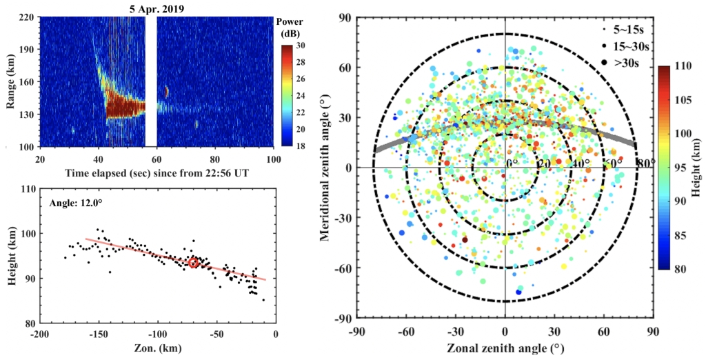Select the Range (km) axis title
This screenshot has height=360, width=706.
[11, 81]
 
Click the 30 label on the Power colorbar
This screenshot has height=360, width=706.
[303, 46]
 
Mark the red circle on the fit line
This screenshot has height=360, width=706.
[194, 263]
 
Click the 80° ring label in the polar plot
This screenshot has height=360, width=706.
[645, 163]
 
